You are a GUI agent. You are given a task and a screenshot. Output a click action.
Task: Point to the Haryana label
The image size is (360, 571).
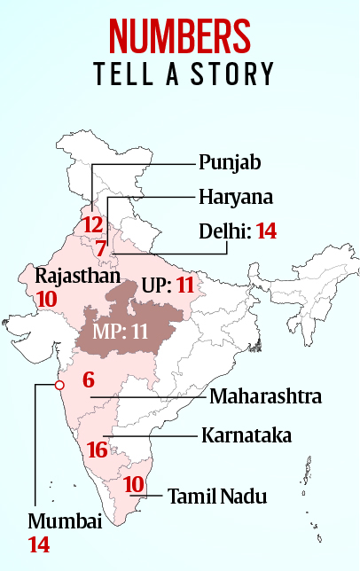click(x=234, y=196)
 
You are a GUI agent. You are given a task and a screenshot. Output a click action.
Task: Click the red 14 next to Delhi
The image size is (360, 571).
click(x=266, y=231)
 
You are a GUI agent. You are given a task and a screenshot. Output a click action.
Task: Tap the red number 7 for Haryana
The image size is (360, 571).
click(x=101, y=248)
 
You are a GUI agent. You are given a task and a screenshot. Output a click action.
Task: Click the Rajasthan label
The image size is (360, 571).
click(x=77, y=276)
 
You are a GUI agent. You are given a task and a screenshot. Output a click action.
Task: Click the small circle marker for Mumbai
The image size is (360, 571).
click(x=59, y=385)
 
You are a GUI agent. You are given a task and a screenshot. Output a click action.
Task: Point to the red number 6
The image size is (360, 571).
click(x=88, y=380)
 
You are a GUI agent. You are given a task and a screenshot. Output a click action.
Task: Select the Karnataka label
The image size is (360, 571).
click(x=246, y=435)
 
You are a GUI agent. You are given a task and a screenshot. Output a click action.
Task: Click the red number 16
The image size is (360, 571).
click(x=98, y=450)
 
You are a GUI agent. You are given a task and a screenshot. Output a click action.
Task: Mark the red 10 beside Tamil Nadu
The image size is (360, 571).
click(x=133, y=484)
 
